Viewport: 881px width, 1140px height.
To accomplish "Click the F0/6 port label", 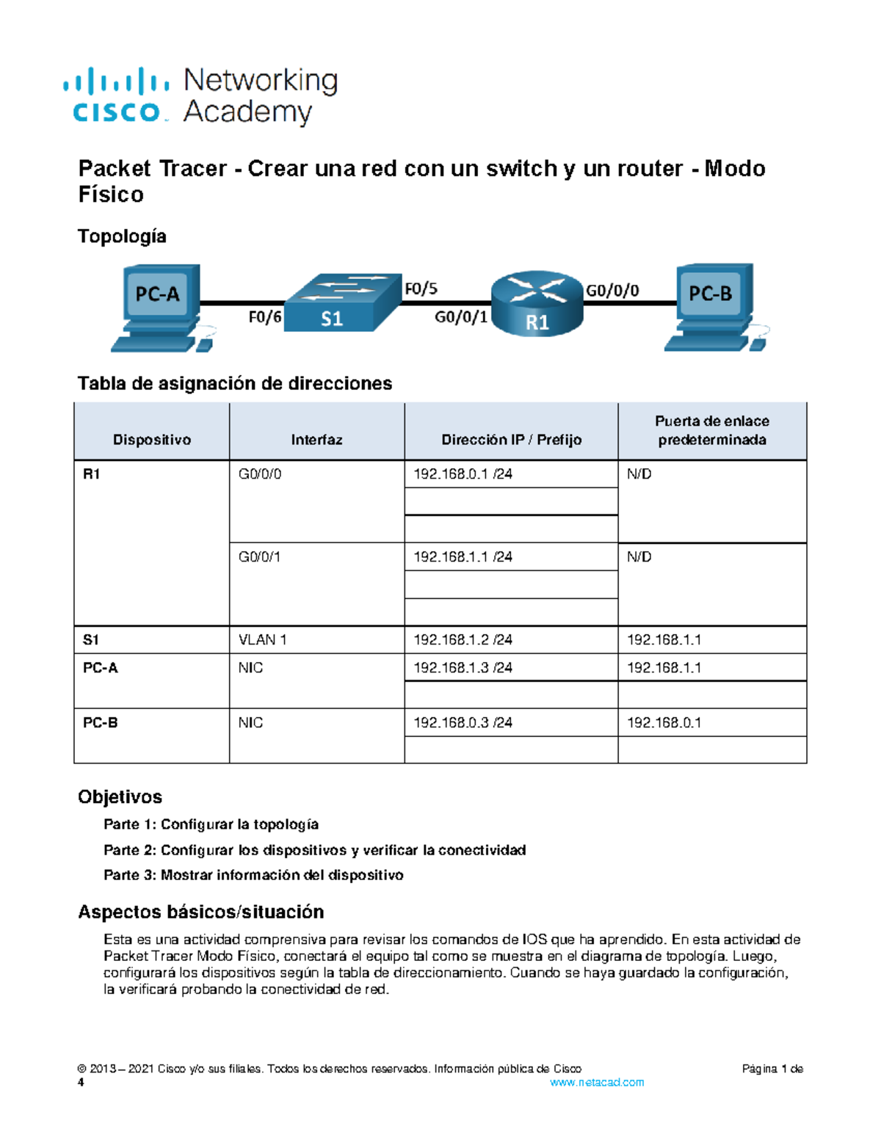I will [x=264, y=317].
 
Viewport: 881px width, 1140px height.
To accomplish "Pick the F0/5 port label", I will [x=421, y=289].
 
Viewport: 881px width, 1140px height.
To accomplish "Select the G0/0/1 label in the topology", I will [x=461, y=317].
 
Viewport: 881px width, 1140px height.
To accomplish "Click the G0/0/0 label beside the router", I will [x=612, y=291].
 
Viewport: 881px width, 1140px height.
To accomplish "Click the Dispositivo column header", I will [x=151, y=440].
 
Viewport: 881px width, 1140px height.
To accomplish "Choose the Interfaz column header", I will [x=316, y=440].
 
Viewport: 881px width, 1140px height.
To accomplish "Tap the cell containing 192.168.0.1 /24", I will [x=463, y=474].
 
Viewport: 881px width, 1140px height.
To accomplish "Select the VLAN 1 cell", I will [x=263, y=640].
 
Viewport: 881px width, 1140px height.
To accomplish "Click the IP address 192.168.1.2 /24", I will [x=463, y=640].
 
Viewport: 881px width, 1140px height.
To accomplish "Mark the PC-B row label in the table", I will [x=101, y=723].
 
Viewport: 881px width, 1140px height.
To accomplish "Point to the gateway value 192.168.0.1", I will [x=664, y=723].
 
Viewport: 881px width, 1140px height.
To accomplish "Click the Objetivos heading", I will [x=120, y=797].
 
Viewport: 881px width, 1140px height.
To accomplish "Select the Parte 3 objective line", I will [x=253, y=875].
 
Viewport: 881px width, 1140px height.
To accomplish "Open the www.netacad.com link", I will [x=597, y=1082].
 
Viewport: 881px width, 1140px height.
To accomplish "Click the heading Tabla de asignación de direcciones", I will [x=235, y=383].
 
